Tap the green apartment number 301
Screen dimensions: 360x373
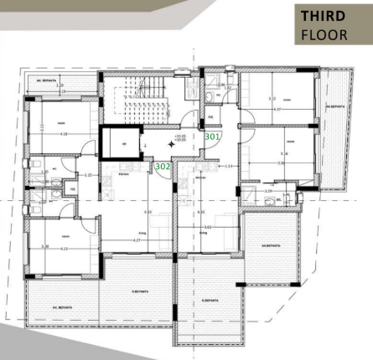point(212,135)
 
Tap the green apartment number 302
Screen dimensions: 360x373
point(163,167)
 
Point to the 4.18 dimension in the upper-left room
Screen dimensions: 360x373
point(64,134)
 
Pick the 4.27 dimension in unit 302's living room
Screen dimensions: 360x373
point(137,241)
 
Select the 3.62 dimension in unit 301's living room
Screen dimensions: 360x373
point(208,227)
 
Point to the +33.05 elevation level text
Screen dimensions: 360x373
point(179,136)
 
